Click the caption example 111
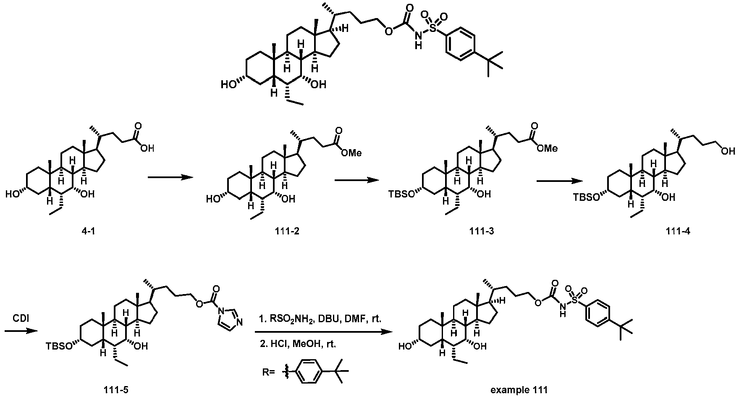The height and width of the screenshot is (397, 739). pyautogui.click(x=519, y=389)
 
